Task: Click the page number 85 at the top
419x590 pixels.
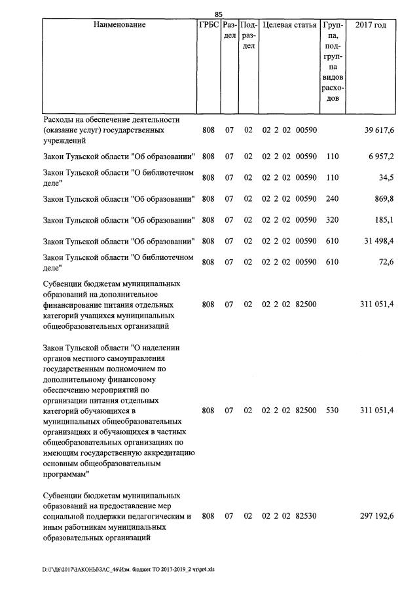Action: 219,14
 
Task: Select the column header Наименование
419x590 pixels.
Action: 119,26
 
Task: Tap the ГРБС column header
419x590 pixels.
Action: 208,26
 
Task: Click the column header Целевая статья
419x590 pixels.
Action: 289,26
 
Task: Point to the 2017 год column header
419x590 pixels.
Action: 371,26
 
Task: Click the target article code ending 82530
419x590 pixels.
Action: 289,517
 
